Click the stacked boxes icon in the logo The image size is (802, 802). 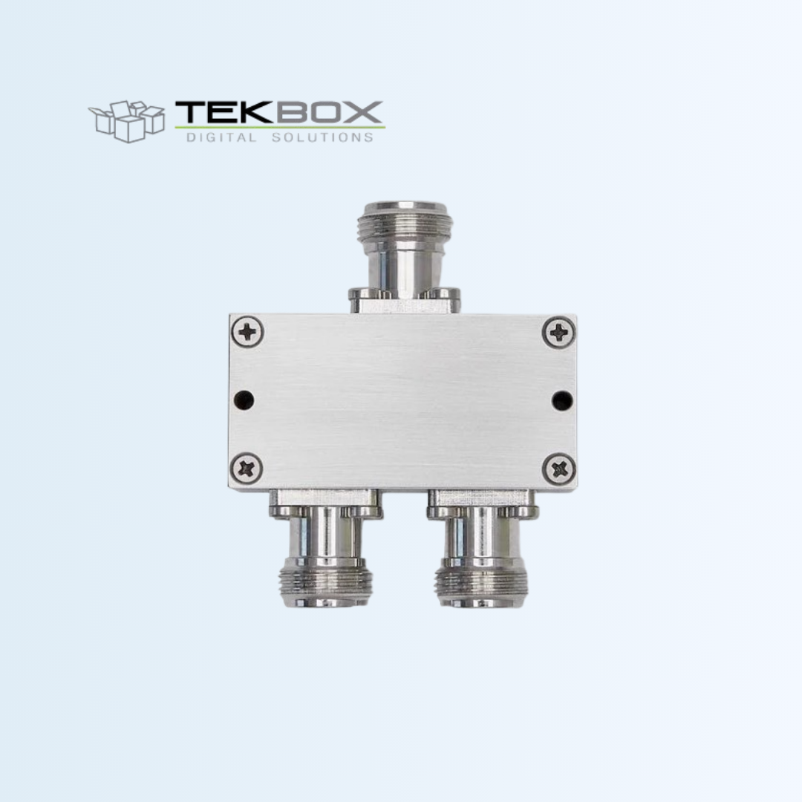pos(126,120)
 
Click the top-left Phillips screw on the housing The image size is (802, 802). pos(247,331)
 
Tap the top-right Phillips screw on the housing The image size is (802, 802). pos(559,331)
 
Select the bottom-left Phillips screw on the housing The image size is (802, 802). pos(247,469)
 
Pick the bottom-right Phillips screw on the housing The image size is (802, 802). pos(559,469)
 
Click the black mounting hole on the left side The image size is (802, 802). pos(244,400)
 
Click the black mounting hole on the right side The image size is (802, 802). pos(562,400)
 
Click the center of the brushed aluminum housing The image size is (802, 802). pos(403,401)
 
